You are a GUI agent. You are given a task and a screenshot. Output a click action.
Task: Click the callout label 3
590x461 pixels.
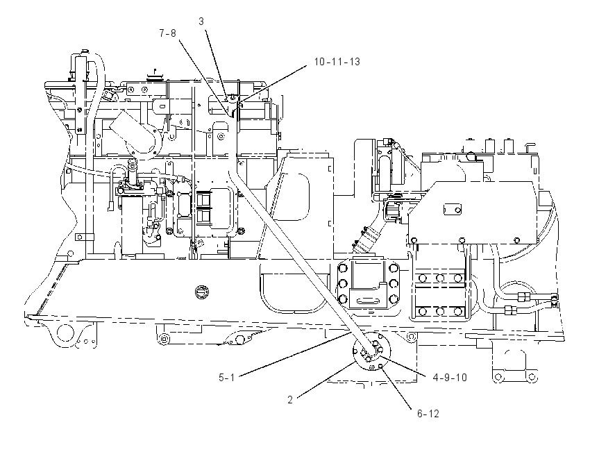(x=201, y=22)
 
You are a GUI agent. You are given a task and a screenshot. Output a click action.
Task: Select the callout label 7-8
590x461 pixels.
(x=167, y=33)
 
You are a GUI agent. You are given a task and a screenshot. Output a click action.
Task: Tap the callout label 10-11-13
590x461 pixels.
(x=337, y=62)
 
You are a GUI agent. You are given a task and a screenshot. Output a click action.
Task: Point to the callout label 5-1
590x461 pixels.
(x=226, y=377)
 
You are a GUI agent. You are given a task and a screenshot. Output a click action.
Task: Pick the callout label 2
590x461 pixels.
(x=289, y=400)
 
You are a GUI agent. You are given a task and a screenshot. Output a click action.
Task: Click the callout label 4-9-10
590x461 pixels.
(x=450, y=378)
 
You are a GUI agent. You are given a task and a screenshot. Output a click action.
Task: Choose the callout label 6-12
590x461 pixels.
(x=428, y=414)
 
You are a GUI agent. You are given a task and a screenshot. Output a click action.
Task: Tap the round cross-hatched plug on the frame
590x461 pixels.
(x=202, y=292)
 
